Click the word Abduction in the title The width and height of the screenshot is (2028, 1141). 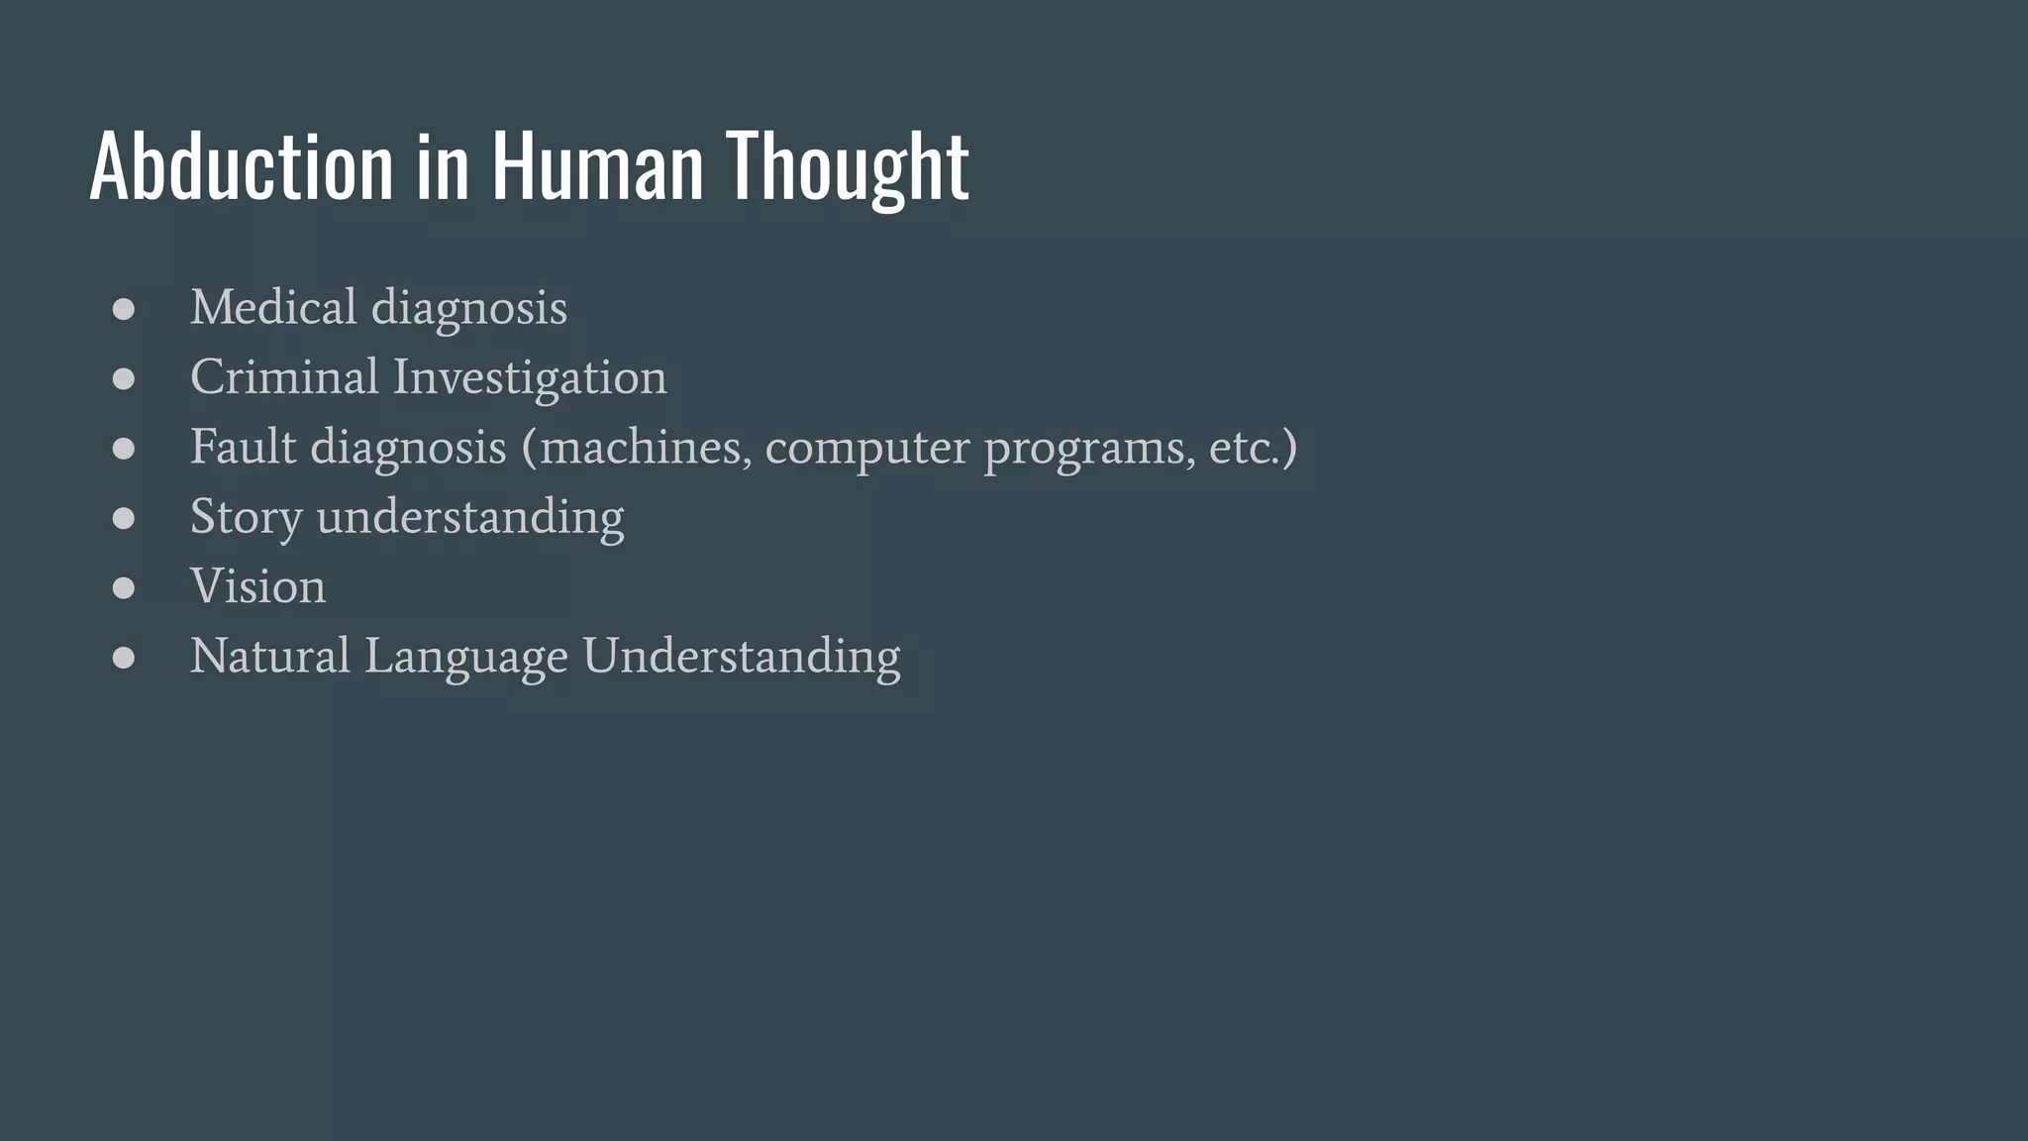pos(241,165)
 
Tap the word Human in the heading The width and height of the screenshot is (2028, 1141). pos(597,165)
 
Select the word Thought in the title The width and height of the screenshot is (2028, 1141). pos(847,165)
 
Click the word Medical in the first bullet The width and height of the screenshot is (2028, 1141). pos(273,307)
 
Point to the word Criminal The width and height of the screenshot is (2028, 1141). pos(284,377)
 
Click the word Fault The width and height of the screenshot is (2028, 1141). pos(243,447)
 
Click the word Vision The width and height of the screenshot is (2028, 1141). pos(257,586)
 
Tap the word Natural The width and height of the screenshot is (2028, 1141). pos(270,656)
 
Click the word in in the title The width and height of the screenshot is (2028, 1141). pos(442,165)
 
